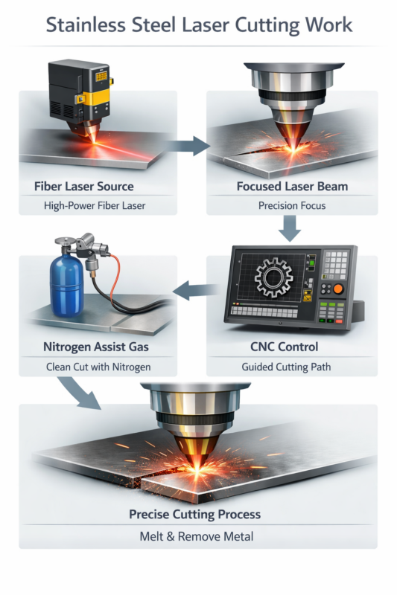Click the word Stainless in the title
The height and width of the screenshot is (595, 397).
tap(86, 25)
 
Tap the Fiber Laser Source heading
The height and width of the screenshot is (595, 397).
tap(84, 187)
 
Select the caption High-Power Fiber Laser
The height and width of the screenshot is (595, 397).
tap(95, 206)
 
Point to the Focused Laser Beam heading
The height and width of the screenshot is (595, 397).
tap(292, 187)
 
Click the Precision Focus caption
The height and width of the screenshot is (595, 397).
tap(292, 206)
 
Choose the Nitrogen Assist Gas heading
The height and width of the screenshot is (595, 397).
tap(96, 347)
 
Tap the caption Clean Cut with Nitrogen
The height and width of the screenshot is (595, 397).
tap(98, 367)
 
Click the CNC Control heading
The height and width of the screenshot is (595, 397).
tap(285, 347)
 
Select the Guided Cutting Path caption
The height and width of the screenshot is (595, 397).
tap(286, 367)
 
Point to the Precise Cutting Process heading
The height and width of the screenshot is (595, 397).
tap(195, 514)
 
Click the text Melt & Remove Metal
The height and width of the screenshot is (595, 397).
tap(197, 536)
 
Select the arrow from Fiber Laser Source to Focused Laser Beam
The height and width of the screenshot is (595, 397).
tap(187, 146)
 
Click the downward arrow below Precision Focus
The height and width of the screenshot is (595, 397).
tap(290, 228)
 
